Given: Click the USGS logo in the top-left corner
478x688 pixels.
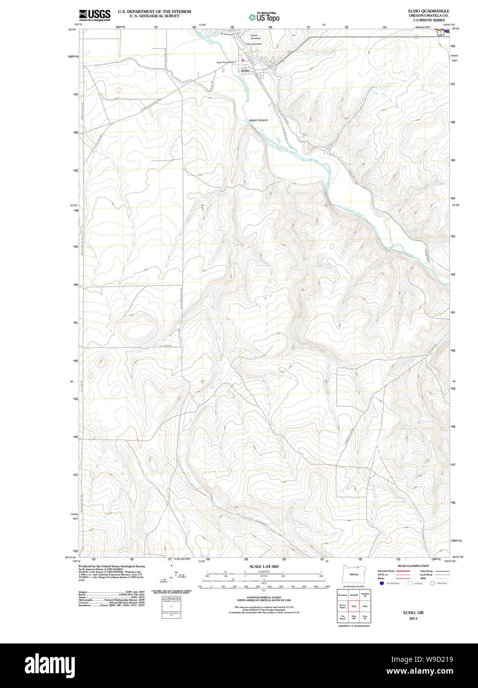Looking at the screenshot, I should click(94, 15).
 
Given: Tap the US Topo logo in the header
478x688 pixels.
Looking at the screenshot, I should click(264, 17).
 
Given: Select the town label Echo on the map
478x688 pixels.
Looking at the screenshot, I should click(245, 71).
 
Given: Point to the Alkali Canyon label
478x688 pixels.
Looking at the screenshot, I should click(258, 120).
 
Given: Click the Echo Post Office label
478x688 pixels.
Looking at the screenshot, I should click(225, 62).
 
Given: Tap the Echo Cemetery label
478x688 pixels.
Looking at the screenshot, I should click(254, 44).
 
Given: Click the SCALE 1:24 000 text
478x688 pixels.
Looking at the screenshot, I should click(264, 566).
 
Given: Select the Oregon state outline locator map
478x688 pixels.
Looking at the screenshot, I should click(353, 574).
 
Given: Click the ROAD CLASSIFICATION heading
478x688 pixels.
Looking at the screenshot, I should click(413, 566).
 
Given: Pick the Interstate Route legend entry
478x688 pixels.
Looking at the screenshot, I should click(386, 571).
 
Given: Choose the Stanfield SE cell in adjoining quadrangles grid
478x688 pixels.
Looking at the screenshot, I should click(365, 594).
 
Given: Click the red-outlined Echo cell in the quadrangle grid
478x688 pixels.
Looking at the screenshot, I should click(354, 606).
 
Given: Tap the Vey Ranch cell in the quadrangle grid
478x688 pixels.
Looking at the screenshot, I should click(342, 617).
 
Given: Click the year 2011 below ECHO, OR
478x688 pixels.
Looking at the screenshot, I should click(413, 618).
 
